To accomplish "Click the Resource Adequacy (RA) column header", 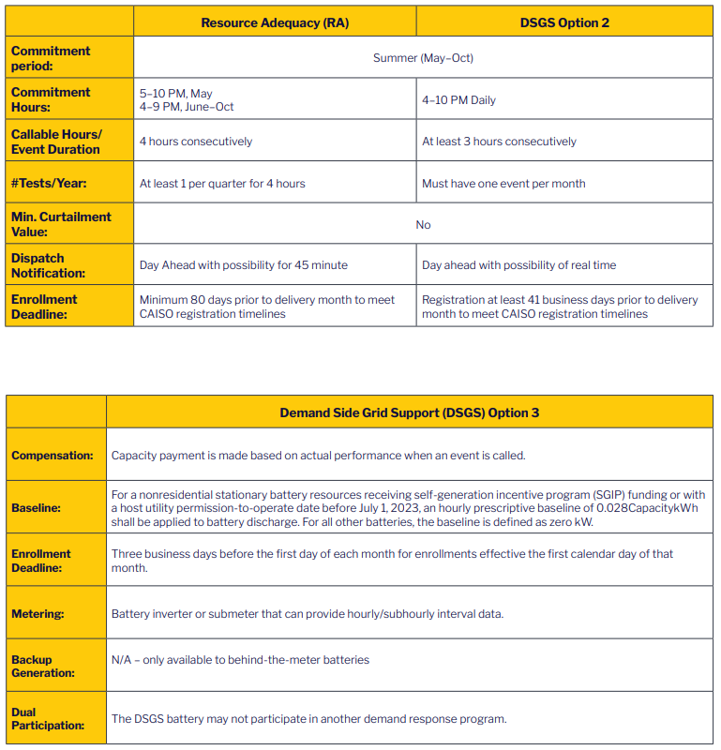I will click(275, 22).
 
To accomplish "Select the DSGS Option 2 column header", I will click(564, 22).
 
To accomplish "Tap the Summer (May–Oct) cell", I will click(423, 58).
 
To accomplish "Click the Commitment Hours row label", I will click(51, 99).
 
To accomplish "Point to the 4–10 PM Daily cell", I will click(458, 100).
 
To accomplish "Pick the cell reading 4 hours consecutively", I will click(196, 142).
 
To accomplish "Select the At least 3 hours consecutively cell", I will click(499, 142).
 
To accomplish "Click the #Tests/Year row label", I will click(43, 183).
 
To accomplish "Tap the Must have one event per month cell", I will click(503, 184).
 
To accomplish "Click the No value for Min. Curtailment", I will click(423, 225).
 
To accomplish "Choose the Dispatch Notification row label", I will click(49, 265).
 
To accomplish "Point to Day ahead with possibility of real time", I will click(518, 265).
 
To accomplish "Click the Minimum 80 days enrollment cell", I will click(267, 307).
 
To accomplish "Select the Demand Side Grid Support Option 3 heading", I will click(409, 412).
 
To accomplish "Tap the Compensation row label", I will click(53, 456).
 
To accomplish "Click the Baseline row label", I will click(37, 508).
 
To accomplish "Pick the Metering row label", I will click(38, 614).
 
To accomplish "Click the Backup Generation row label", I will click(43, 666).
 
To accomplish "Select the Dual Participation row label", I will click(48, 718).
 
